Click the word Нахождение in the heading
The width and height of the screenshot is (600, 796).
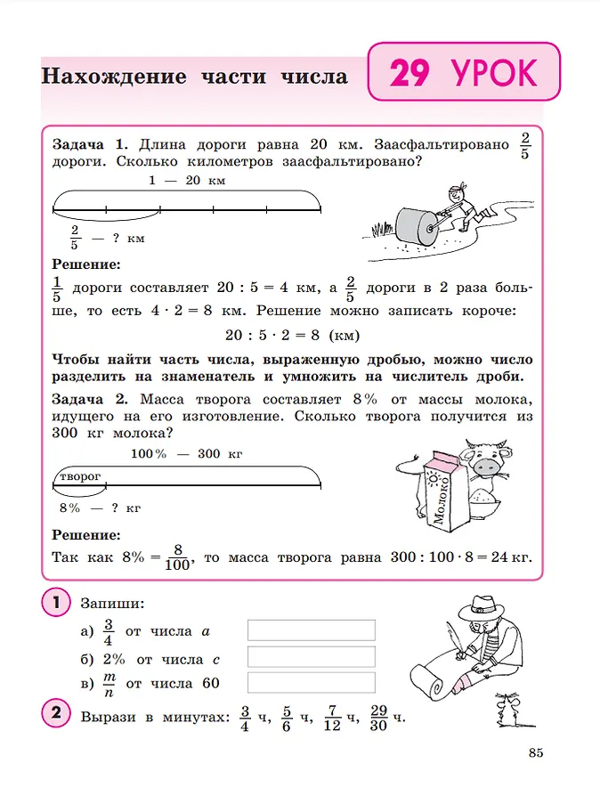114,77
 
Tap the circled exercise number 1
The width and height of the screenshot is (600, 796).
55,603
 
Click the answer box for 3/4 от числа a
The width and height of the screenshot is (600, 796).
311,630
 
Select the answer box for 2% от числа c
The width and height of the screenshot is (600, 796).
311,657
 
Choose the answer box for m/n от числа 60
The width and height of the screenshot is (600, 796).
311,683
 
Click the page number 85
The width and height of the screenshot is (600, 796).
535,753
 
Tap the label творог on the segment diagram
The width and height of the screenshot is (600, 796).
79,477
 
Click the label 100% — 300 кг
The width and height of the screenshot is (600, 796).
187,454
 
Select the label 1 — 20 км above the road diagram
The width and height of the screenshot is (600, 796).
187,181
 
